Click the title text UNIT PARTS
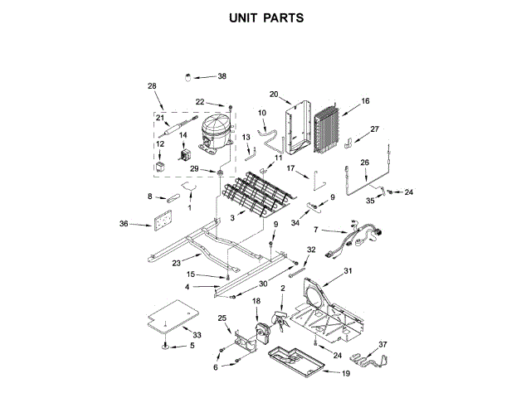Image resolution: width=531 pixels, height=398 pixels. [x=265, y=17]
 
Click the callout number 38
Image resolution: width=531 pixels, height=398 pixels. [x=222, y=76]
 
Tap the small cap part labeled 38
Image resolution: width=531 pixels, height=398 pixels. [x=189, y=77]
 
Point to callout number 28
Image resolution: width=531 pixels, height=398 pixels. [x=152, y=86]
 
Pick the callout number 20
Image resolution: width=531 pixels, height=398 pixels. [x=274, y=94]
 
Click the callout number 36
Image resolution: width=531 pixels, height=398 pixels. [x=124, y=223]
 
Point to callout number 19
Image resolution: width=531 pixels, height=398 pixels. [x=345, y=374]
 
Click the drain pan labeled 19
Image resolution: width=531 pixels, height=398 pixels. [x=292, y=358]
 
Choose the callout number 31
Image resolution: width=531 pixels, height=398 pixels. [x=348, y=272]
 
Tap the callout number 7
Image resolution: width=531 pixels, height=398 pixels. [x=316, y=229]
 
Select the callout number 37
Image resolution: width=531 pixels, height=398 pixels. [x=383, y=344]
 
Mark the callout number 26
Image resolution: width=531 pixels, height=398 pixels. [x=363, y=163]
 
